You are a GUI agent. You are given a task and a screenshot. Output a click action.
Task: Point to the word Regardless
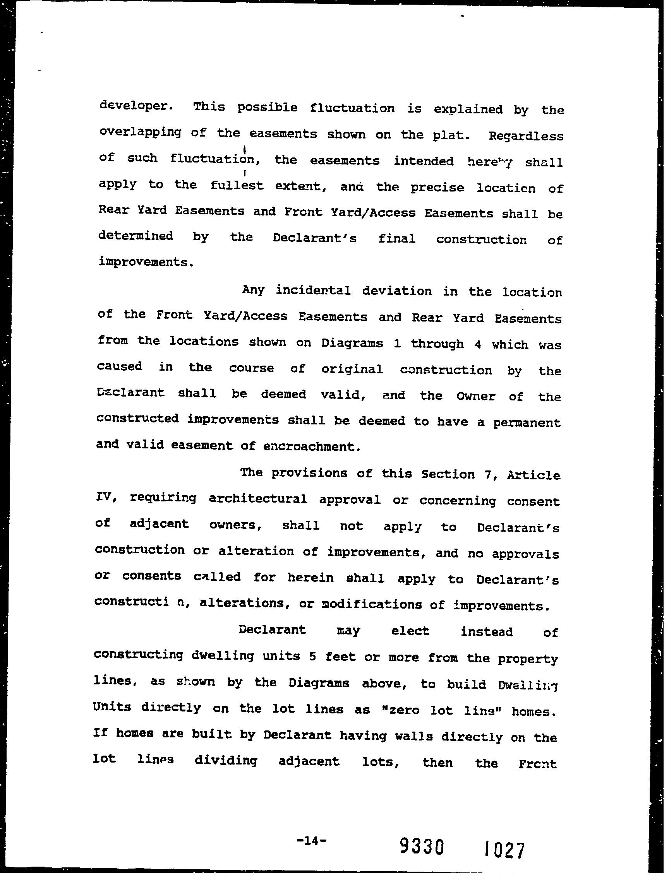526,136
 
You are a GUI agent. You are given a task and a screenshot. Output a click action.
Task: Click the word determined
136,236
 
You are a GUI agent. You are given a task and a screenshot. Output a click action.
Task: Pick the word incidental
313,291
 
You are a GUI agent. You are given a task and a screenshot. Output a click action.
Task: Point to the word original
352,369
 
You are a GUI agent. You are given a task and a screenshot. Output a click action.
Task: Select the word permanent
527,422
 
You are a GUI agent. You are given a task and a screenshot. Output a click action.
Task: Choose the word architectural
257,499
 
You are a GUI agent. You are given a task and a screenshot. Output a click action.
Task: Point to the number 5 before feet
312,657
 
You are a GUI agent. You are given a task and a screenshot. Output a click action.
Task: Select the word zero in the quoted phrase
401,710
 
